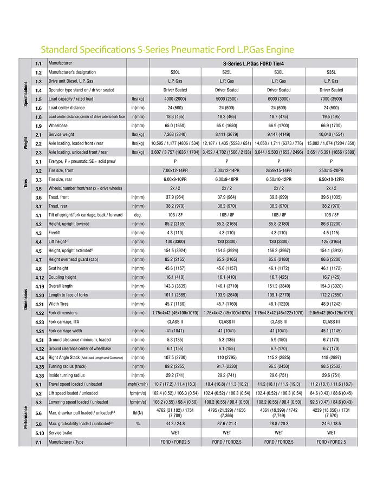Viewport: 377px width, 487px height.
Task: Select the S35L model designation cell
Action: point(331,72)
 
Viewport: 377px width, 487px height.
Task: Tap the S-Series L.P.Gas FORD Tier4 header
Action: point(253,63)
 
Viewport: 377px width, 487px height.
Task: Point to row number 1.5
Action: point(38,99)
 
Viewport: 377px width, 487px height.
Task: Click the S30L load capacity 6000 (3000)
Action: point(279,99)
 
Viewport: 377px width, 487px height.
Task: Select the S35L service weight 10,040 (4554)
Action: point(331,135)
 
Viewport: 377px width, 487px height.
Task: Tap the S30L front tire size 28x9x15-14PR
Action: point(279,170)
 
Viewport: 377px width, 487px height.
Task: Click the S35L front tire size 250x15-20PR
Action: point(331,170)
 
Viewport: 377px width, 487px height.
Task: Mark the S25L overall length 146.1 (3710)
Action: point(227,286)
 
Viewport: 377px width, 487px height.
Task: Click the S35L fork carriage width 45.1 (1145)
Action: point(331,331)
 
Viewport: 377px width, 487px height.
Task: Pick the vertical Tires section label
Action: point(25,180)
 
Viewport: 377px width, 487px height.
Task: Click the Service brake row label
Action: point(62,433)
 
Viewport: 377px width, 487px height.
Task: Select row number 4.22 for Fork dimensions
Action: point(39,313)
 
